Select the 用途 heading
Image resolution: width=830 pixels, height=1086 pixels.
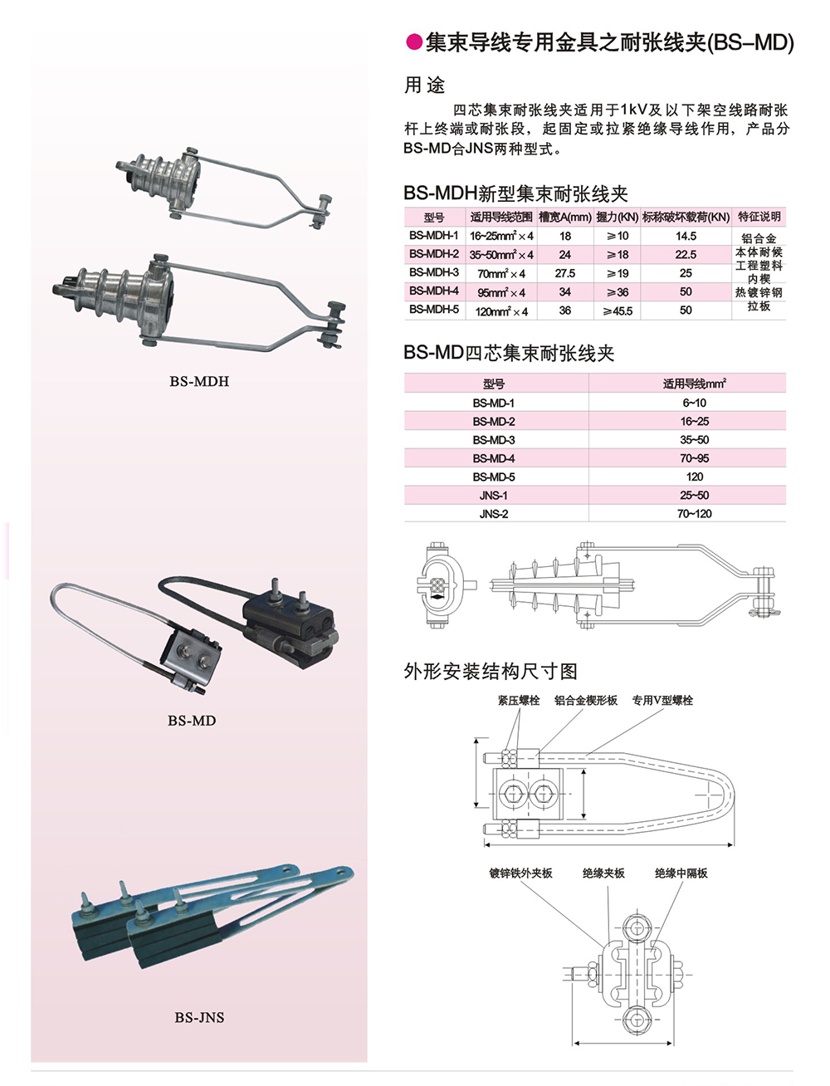(424, 85)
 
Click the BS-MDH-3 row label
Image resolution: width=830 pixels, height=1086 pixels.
(434, 272)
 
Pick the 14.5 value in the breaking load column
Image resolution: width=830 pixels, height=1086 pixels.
(686, 236)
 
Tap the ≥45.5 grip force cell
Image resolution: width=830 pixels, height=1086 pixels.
(618, 311)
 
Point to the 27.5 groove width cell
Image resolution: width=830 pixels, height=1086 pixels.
(565, 273)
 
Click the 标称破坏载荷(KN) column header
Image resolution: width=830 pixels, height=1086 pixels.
(686, 217)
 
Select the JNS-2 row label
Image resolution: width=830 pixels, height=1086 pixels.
(493, 514)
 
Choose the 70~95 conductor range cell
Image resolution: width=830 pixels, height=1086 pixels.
(694, 458)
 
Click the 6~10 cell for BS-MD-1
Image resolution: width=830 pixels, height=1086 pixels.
(694, 403)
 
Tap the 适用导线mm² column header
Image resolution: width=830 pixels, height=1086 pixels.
(694, 384)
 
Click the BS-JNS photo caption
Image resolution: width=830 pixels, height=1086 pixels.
(199, 1017)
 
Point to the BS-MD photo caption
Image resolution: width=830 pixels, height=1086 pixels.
(192, 721)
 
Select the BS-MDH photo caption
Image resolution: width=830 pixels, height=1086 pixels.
(199, 381)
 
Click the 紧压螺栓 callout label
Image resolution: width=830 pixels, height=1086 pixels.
(519, 700)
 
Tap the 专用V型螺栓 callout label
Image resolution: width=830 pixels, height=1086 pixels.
(662, 700)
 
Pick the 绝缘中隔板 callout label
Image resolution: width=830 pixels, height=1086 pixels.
(681, 873)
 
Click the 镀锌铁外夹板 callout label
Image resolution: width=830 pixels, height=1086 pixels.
(520, 873)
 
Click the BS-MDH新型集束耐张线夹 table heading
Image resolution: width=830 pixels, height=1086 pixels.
(515, 193)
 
